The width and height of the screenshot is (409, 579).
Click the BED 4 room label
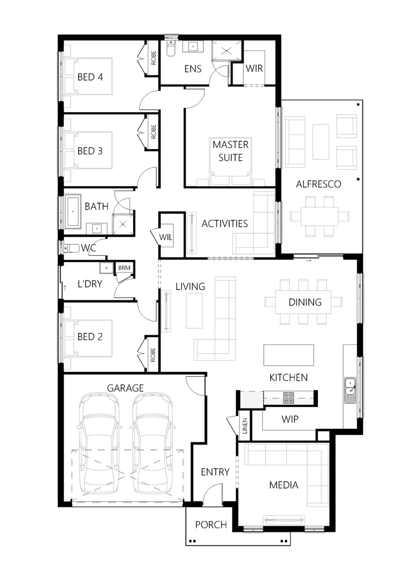click(x=90, y=77)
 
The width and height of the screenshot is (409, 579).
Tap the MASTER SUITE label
click(x=230, y=151)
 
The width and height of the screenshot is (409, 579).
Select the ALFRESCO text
click(x=319, y=184)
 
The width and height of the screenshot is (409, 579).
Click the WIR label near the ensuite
click(x=253, y=69)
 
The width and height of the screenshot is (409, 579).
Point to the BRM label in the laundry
click(x=124, y=268)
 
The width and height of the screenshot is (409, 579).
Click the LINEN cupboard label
click(x=245, y=427)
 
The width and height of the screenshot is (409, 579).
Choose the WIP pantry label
click(x=290, y=419)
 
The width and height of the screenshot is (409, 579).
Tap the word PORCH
click(x=210, y=525)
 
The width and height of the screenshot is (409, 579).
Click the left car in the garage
click(x=99, y=445)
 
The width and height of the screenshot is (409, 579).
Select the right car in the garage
click(x=154, y=445)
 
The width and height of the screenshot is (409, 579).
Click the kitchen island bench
click(x=289, y=355)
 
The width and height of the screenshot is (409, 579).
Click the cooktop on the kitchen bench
click(x=289, y=397)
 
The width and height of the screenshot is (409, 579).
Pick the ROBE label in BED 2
click(x=153, y=353)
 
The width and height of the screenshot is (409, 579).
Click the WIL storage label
click(x=165, y=235)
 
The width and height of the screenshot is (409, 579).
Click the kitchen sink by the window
click(x=350, y=384)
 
